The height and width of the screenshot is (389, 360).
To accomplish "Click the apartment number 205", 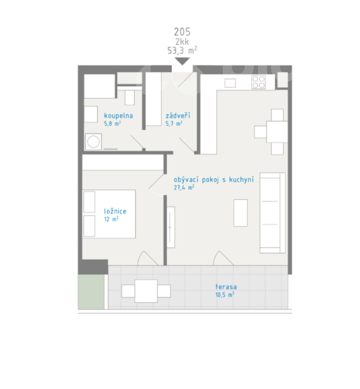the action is (182, 32).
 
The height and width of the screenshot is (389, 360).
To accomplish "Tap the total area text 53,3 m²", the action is (182, 50).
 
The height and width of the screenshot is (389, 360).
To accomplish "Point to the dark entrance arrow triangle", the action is (182, 61).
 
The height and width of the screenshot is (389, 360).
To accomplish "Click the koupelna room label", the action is (118, 116).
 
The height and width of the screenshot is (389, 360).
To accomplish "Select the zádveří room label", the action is (178, 115).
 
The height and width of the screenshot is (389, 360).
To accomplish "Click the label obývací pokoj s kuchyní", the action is (214, 180).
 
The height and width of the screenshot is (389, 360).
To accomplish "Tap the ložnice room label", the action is (115, 211).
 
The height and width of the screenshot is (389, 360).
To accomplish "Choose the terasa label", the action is (226, 287).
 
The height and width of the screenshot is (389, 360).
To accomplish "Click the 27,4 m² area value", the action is (184, 187).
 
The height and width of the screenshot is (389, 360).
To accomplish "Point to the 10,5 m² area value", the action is (225, 295).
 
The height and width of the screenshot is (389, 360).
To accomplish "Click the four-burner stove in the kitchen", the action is (259, 83).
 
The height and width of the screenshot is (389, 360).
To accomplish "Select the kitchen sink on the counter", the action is (230, 83).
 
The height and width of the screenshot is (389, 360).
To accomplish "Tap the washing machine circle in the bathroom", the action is (93, 142).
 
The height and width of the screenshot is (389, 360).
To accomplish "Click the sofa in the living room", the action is (273, 213).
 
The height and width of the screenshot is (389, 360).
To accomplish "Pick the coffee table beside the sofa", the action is (240, 213).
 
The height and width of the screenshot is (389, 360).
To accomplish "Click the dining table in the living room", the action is (277, 132).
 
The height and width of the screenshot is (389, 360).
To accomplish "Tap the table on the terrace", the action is (146, 291).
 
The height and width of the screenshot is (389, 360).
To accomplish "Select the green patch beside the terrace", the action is (91, 292).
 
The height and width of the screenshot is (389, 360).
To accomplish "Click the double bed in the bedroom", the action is (109, 214).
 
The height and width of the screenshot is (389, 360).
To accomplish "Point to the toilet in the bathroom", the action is (129, 97).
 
